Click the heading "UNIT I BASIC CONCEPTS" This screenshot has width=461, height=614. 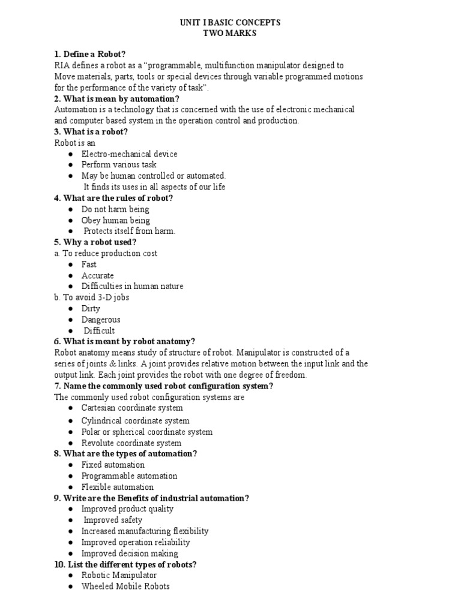coord(230,23)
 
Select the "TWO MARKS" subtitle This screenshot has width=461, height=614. coord(230,34)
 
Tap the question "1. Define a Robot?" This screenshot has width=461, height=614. coord(90,55)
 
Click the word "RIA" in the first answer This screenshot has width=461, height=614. coord(62,65)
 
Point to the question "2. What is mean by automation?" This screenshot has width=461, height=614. coord(116,99)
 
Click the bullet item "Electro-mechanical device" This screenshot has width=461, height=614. coord(129,154)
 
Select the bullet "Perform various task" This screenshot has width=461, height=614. coord(119,165)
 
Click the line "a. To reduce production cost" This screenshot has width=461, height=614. coord(106,253)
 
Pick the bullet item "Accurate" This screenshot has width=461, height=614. coord(97,275)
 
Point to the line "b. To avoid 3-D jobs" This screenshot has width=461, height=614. coord(91,297)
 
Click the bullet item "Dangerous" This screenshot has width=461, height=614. coord(101,320)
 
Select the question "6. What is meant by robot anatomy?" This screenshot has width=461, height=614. coord(125,341)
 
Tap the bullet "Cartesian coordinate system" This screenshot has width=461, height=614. coord(132,408)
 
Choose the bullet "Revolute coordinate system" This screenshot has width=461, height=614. coord(131,443)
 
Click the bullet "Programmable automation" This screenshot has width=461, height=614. coord(129,476)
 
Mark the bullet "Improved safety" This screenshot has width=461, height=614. coord(113,520)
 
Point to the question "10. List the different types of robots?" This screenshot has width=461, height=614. coord(125,564)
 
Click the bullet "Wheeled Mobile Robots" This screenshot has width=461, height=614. coord(125,586)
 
